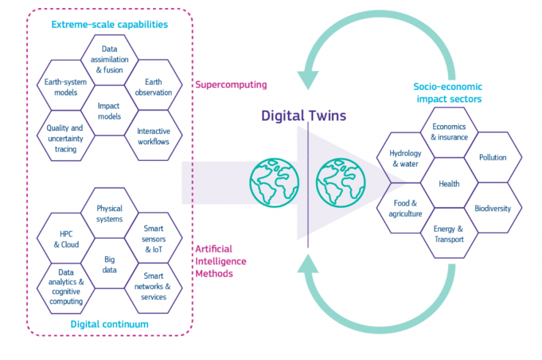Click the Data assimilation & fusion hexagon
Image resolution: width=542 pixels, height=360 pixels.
click(x=109, y=60)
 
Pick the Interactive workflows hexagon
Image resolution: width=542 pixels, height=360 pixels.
click(x=154, y=136)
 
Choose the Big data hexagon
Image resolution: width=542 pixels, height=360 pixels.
click(x=110, y=264)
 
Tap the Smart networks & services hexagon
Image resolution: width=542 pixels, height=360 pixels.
click(x=154, y=286)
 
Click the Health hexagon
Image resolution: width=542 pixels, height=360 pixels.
click(x=449, y=184)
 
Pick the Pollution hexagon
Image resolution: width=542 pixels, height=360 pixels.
click(x=493, y=157)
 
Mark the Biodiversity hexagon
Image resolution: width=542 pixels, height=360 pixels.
click(x=493, y=209)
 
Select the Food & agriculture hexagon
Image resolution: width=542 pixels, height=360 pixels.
click(x=405, y=208)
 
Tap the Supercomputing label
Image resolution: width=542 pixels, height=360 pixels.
click(x=231, y=84)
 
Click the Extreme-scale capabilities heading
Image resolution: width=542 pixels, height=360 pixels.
click(x=110, y=24)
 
